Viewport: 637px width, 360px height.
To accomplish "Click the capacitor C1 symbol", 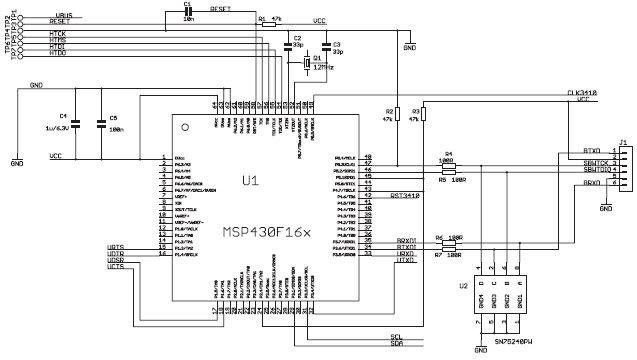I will tap(187, 14).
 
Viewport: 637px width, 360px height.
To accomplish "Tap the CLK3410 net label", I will tap(582, 93).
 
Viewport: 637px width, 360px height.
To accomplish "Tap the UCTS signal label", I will tap(116, 266).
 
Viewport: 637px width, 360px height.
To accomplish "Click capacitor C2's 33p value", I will tap(299, 45).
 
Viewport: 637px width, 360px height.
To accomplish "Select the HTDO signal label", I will tap(58, 53).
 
